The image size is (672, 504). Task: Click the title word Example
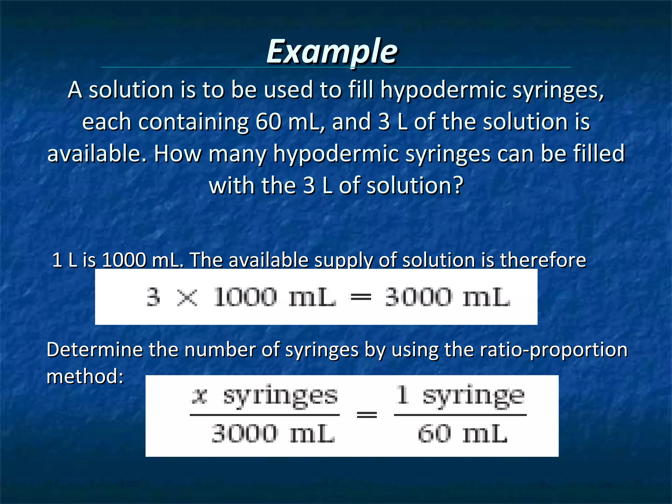[332, 52]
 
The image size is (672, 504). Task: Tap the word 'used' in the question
[288, 90]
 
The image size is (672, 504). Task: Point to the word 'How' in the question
[178, 154]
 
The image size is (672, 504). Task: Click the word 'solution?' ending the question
[415, 186]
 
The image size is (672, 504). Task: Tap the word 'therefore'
[543, 260]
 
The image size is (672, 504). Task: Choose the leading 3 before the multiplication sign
[153, 297]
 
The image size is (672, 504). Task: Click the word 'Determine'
[94, 349]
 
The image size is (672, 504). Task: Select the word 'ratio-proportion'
[554, 350]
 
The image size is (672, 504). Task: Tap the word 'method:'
[85, 376]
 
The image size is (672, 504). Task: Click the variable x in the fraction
[199, 396]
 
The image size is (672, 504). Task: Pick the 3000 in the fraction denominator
[244, 433]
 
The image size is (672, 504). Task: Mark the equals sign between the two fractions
[367, 415]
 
